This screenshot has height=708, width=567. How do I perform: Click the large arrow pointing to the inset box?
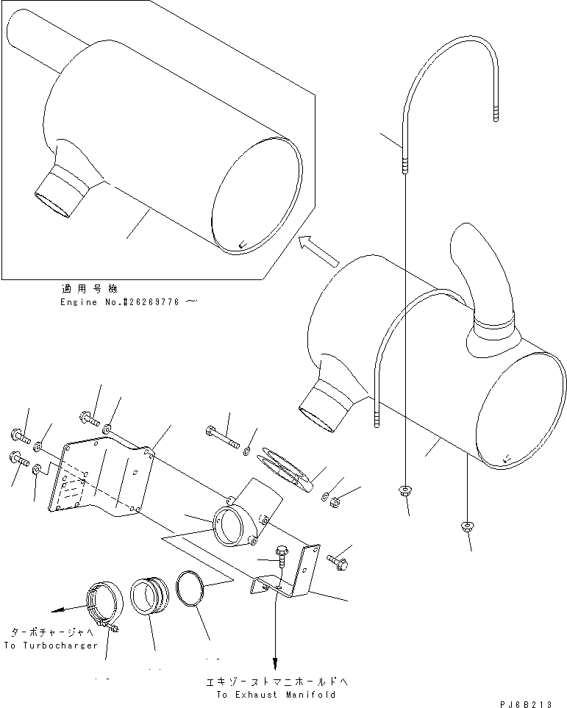[x=318, y=251]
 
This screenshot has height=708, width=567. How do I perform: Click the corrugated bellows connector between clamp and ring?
[x=151, y=594]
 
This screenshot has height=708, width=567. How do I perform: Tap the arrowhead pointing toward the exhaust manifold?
[x=276, y=662]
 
